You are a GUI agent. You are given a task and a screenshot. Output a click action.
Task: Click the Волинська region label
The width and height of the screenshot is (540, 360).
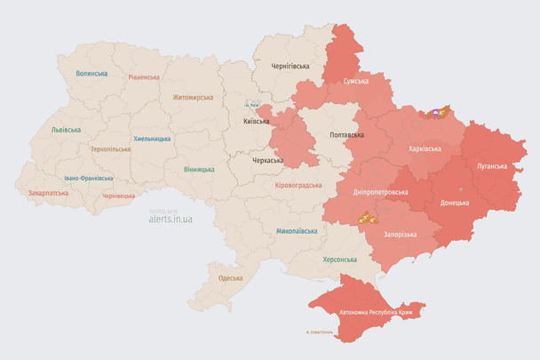pos(91,74)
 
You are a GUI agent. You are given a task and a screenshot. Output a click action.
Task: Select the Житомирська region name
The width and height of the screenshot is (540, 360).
pos(193,97)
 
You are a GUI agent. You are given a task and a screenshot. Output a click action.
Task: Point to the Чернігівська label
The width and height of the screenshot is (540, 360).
pos(290,67)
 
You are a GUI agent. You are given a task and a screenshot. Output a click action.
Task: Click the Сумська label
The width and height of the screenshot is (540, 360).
pos(356,81)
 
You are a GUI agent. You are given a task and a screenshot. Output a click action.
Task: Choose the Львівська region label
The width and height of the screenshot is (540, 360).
pos(66,130)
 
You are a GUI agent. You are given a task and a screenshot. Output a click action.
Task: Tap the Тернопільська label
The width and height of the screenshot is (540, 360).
pos(110,149)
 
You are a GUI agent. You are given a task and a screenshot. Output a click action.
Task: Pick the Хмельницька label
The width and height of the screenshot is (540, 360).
pos(152,139)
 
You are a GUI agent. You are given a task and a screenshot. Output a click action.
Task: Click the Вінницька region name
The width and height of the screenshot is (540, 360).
pos(199,169)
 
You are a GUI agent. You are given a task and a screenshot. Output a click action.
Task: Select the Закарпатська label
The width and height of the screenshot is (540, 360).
pos(48,192)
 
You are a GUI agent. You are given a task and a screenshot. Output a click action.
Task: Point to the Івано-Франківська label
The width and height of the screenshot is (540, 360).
pos(88,178)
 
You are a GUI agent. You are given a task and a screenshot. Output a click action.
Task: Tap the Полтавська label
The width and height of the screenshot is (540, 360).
pos(346,135)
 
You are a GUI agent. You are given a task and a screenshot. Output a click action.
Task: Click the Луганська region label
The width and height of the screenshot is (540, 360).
pos(492,165)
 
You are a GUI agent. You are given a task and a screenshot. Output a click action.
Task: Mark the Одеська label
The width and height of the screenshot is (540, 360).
pos(230,278)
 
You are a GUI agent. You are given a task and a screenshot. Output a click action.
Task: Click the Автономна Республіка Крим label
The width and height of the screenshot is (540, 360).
pos(377,313)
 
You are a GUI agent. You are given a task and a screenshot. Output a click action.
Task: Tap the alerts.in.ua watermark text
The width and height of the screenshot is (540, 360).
pos(171,218)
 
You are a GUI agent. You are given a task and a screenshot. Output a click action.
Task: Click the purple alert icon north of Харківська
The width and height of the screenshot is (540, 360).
pos(437,113)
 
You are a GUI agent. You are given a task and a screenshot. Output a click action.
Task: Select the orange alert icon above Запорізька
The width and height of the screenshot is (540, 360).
pos(364,217)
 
